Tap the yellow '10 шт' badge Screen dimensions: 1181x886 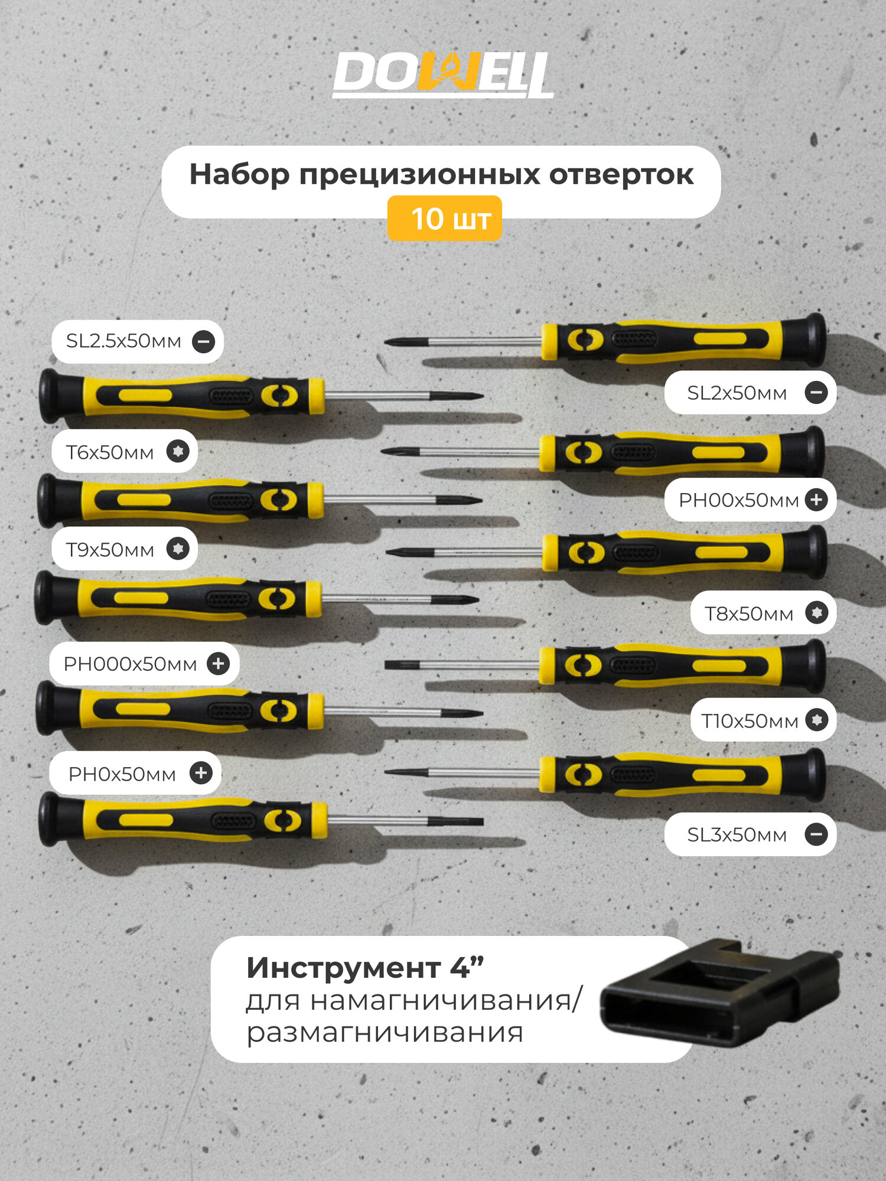coord(444,219)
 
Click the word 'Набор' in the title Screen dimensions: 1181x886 coord(239,175)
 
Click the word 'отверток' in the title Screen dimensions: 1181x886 coord(621,175)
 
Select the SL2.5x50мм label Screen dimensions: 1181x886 coord(124,341)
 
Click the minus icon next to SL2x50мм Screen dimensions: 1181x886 coord(816,392)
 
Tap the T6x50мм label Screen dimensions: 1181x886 coord(110,452)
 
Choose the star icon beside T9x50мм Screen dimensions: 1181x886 coord(178,549)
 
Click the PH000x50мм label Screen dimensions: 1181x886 coord(130,664)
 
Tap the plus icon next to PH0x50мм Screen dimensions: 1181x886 coord(201,772)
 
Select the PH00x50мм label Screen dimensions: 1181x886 coord(738,500)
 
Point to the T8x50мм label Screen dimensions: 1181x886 coord(748,614)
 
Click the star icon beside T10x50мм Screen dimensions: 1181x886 coord(817,720)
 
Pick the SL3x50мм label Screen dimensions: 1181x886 coord(737,835)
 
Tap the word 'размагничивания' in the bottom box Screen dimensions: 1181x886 coord(385,1033)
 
